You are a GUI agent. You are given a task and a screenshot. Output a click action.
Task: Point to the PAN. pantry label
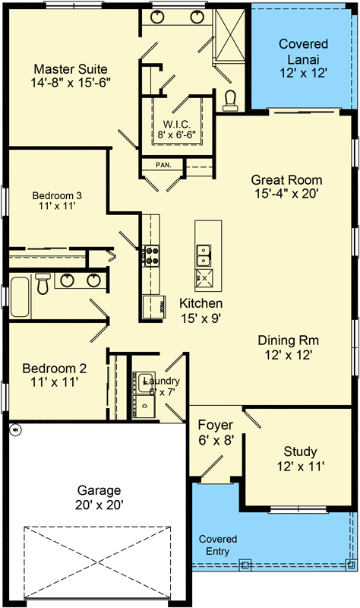163,164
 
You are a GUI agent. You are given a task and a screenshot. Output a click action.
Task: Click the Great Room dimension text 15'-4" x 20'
286,194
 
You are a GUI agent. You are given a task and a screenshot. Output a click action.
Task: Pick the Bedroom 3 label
57,195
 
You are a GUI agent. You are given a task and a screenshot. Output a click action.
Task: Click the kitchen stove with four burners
150,254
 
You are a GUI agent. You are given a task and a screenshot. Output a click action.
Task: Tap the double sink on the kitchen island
204,252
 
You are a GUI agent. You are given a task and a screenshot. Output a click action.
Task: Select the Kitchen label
201,303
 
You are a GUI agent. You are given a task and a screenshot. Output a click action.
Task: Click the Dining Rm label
286,340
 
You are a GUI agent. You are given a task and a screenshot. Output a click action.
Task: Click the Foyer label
215,425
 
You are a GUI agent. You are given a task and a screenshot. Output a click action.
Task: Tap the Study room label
299,451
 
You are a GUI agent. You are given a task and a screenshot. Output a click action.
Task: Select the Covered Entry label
218,545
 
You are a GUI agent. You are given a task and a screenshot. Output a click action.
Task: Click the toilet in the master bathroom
232,100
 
